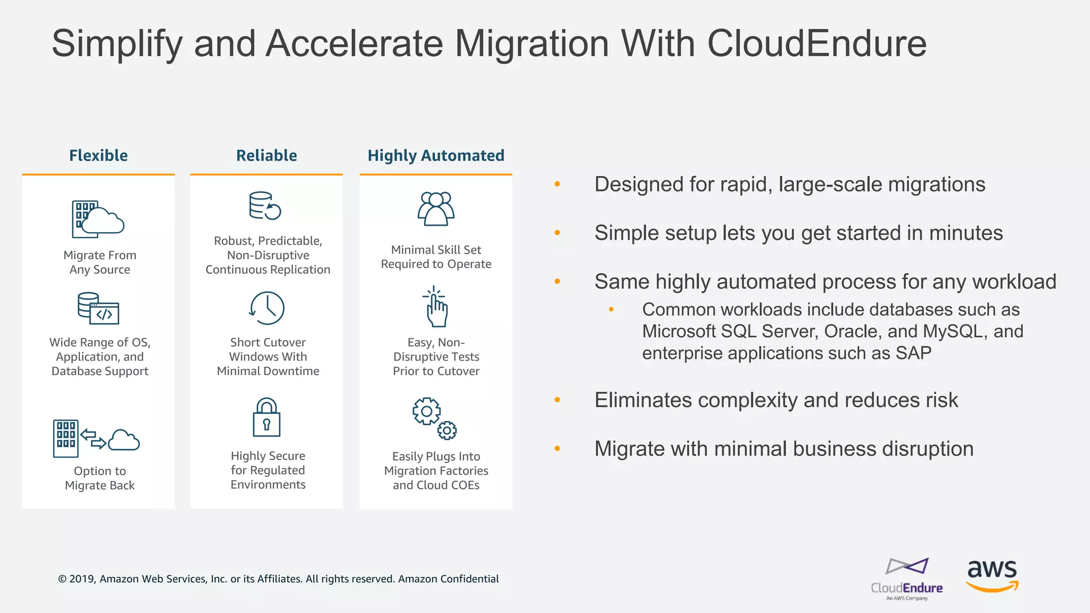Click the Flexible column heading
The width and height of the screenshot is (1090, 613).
click(98, 155)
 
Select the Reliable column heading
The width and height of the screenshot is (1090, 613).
click(267, 155)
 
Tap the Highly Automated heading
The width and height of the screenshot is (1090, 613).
click(436, 155)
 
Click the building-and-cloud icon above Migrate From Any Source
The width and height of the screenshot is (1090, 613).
click(98, 219)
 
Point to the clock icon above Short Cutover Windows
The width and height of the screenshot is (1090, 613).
click(267, 308)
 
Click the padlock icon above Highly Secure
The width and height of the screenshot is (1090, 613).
click(267, 418)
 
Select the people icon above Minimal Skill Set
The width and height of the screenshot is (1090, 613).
click(436, 209)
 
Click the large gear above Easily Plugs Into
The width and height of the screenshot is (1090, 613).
click(427, 411)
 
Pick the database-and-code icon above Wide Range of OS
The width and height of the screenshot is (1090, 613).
click(98, 308)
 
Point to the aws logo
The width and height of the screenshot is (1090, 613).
click(992, 575)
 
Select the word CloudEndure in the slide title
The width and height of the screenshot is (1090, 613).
click(816, 44)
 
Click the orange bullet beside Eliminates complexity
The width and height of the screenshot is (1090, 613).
click(557, 400)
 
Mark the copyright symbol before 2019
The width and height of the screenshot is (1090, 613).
click(62, 579)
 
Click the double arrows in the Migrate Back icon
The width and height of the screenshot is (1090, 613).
click(93, 439)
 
